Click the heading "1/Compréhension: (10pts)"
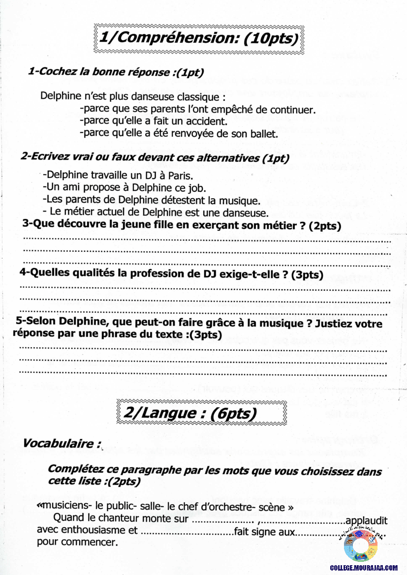[x=199, y=38]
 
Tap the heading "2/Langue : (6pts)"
[x=189, y=413]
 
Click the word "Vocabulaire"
[x=59, y=443]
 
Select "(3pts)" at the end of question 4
[x=307, y=275]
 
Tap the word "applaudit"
[x=367, y=520]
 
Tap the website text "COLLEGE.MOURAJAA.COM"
[x=364, y=568]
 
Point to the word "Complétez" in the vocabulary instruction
[x=72, y=469]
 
